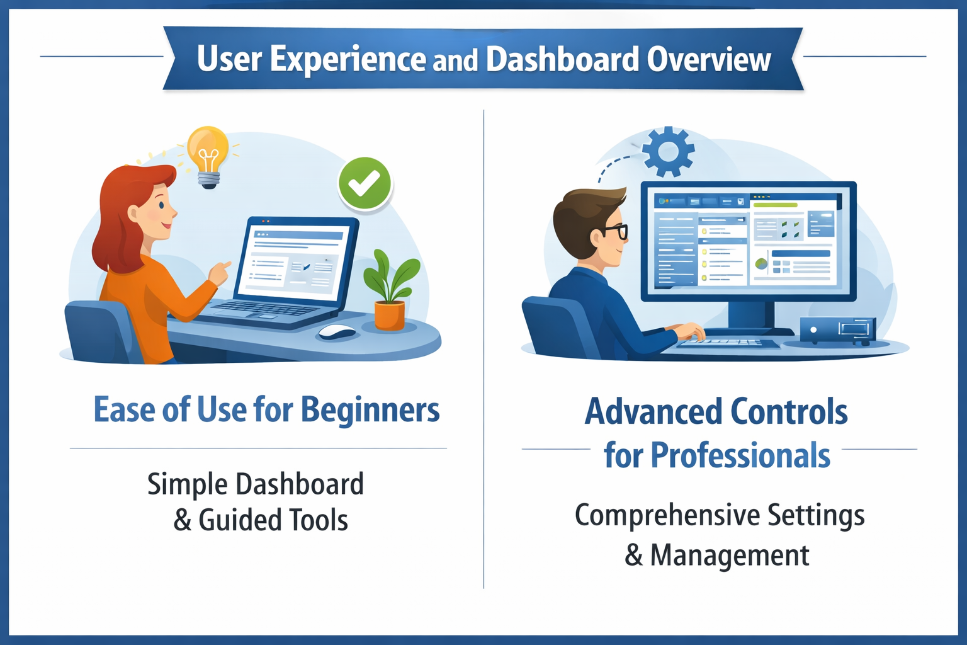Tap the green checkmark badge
tap(365, 183)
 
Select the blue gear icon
tap(668, 151)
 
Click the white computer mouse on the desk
tap(337, 331)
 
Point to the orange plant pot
tap(390, 316)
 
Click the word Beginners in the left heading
tap(370, 410)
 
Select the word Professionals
tap(740, 455)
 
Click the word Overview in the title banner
tap(708, 59)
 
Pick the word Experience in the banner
tap(348, 59)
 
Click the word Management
tap(730, 555)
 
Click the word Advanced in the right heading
tap(653, 411)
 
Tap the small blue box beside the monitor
tap(838, 331)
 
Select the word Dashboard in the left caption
tap(300, 483)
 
